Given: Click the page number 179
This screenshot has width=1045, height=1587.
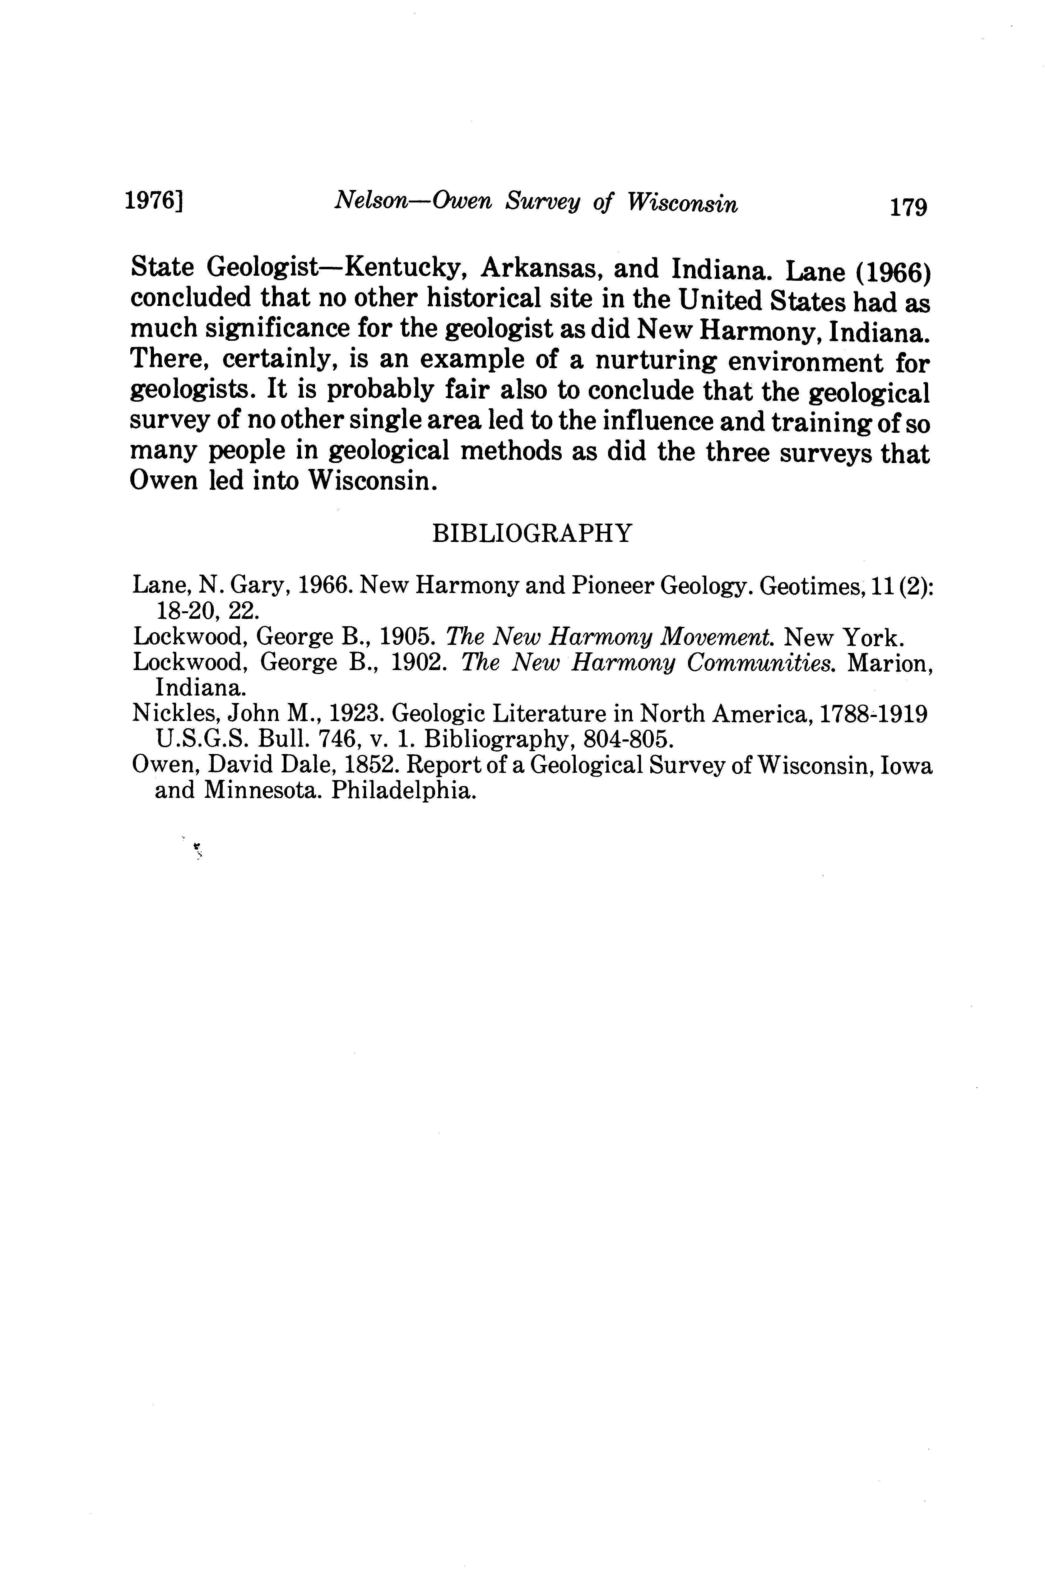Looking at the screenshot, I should [908, 207].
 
